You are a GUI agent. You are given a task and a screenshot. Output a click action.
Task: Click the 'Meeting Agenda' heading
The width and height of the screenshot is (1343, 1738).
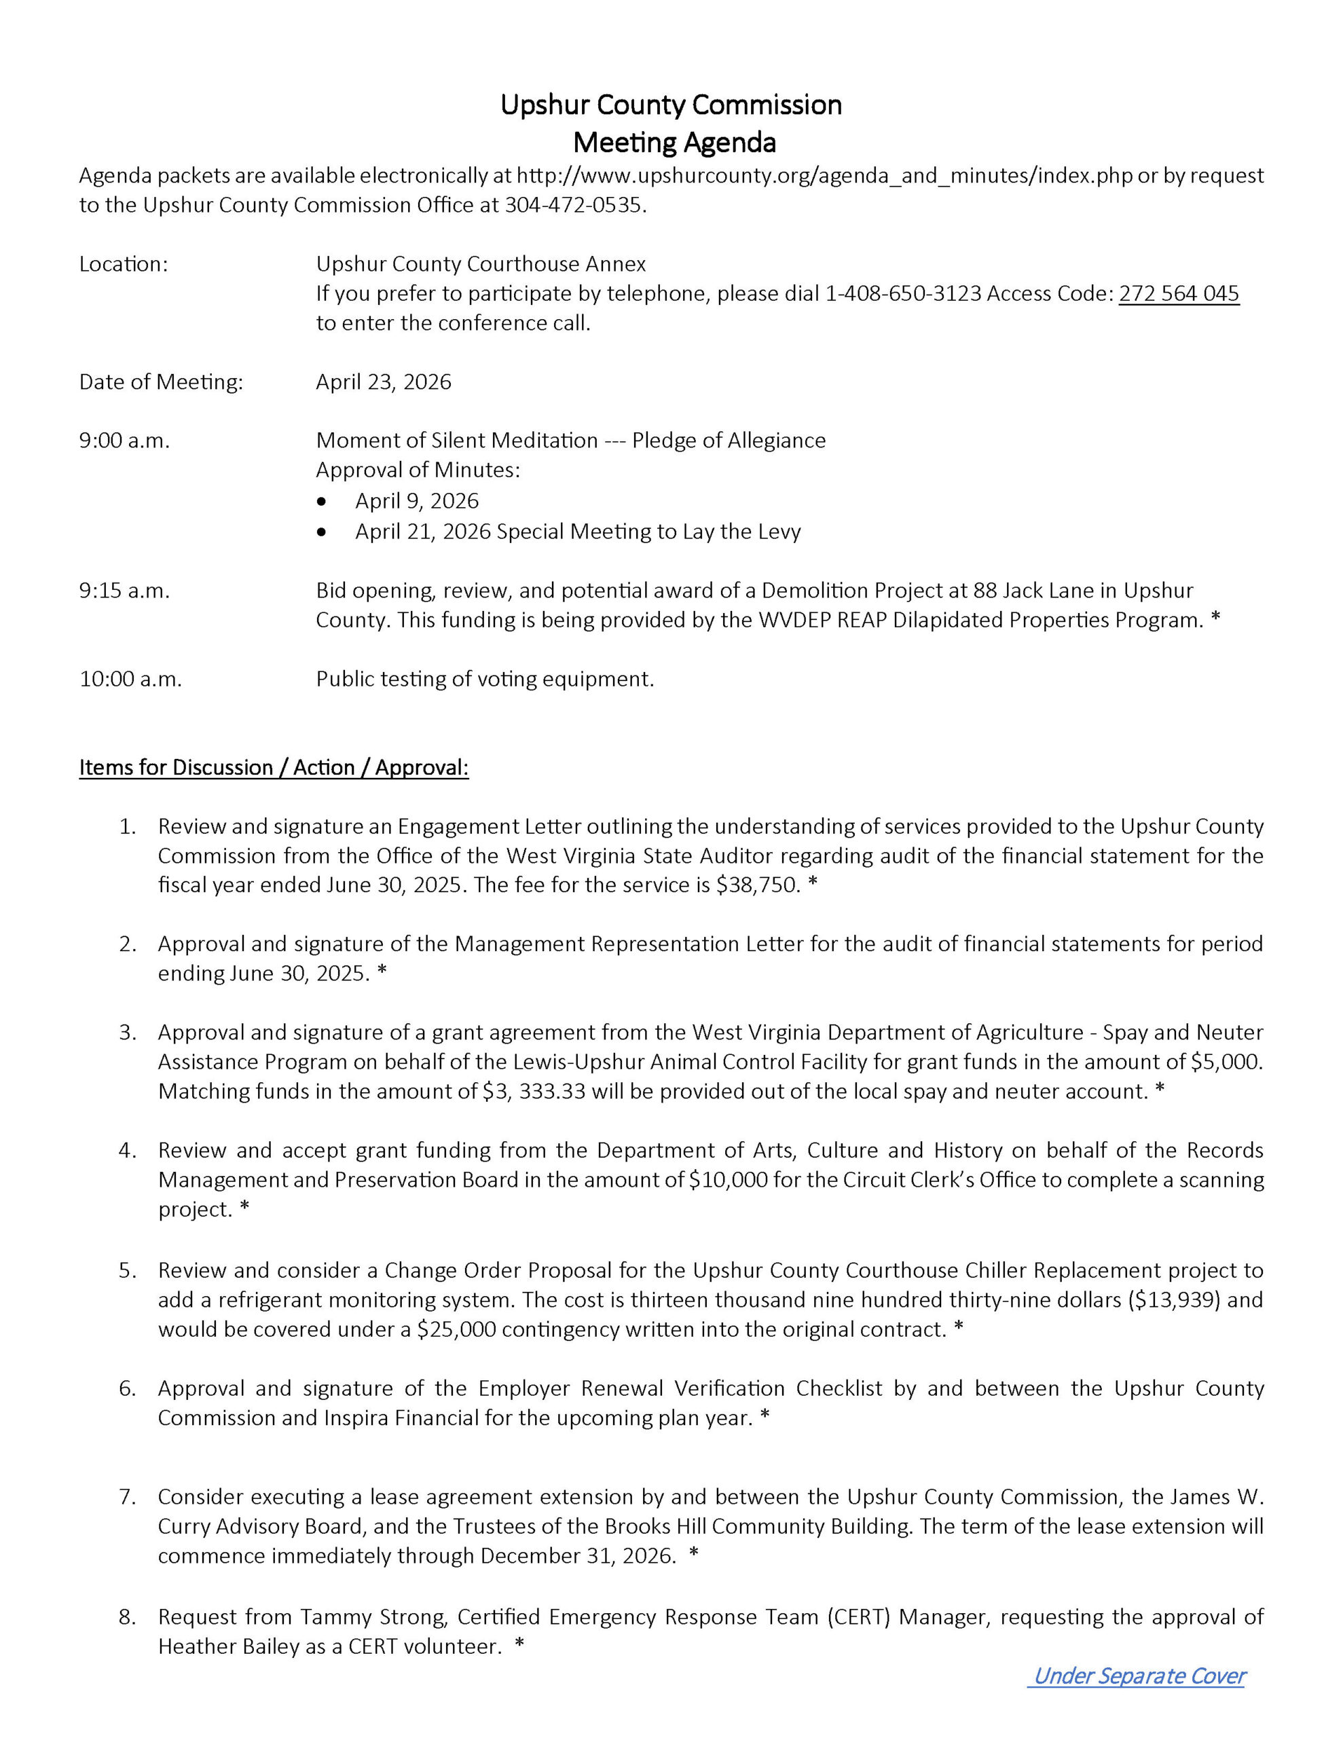pos(674,143)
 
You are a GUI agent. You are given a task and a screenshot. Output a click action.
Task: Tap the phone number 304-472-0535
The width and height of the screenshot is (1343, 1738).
pos(572,205)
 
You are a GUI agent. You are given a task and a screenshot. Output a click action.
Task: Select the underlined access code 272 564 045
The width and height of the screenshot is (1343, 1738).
pos(1178,294)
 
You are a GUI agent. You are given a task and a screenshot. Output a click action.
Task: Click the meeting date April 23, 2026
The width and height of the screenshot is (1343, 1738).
pos(383,382)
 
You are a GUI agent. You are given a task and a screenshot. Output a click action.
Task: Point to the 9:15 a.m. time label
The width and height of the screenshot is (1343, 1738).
pos(124,591)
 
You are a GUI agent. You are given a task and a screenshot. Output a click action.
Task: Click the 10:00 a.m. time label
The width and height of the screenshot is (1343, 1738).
pos(130,679)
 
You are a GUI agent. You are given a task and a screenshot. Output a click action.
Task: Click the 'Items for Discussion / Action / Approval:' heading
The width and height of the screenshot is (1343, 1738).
pos(274,767)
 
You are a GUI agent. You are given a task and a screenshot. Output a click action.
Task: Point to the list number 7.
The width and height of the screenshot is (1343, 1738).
pos(128,1497)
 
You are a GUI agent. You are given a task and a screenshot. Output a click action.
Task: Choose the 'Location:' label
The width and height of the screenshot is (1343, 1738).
pos(124,264)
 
